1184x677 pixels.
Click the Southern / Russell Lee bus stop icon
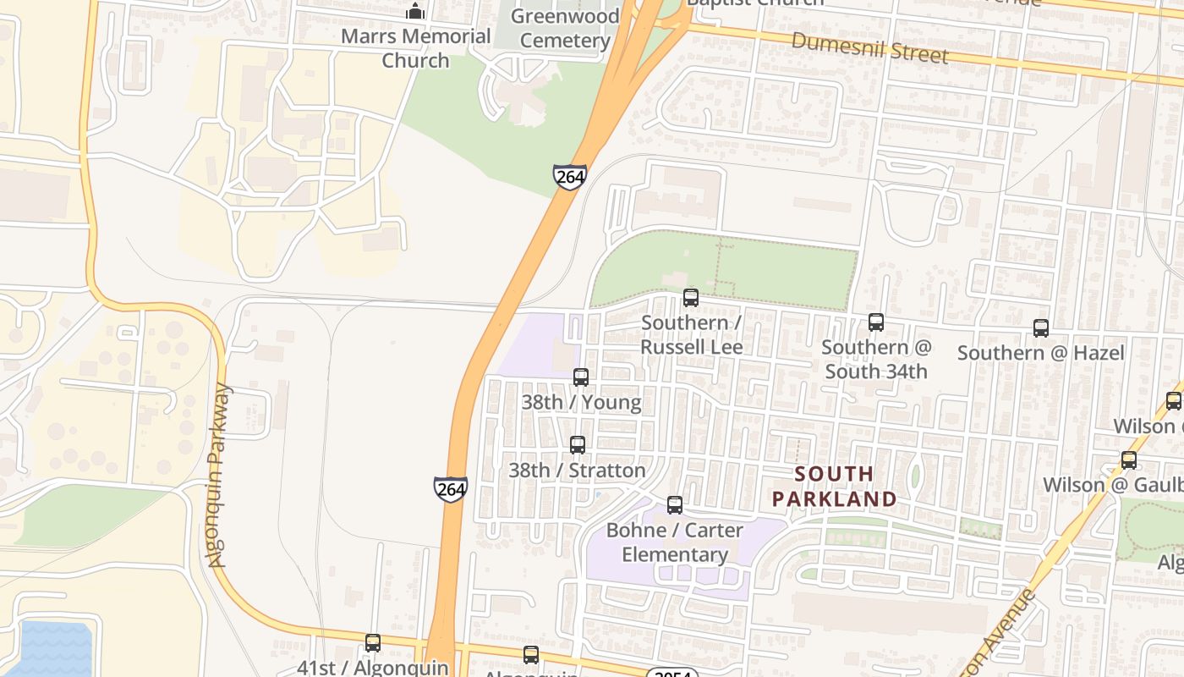click(x=691, y=298)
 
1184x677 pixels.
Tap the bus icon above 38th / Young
click(x=581, y=377)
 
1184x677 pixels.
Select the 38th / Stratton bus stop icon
click(x=578, y=445)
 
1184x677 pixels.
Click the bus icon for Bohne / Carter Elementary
click(x=675, y=505)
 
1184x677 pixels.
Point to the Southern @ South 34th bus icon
click(x=876, y=322)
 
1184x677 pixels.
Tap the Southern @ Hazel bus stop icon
click(x=1041, y=328)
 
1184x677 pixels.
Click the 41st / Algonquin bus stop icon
click(x=373, y=643)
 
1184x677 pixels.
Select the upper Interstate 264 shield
click(x=570, y=177)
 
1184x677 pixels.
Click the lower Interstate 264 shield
click(x=451, y=489)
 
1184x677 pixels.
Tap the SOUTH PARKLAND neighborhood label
click(x=834, y=487)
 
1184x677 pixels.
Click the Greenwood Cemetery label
click(x=565, y=28)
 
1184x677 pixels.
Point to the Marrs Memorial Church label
click(x=415, y=48)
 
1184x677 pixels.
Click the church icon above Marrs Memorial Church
click(x=415, y=11)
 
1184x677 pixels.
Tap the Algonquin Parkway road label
click(x=219, y=476)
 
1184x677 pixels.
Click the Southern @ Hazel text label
click(x=1041, y=353)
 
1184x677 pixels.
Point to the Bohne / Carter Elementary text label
click(x=675, y=542)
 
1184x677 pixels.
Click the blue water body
click(x=47, y=650)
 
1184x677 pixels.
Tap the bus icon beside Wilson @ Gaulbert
click(x=1129, y=460)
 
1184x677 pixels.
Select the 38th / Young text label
click(x=581, y=402)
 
